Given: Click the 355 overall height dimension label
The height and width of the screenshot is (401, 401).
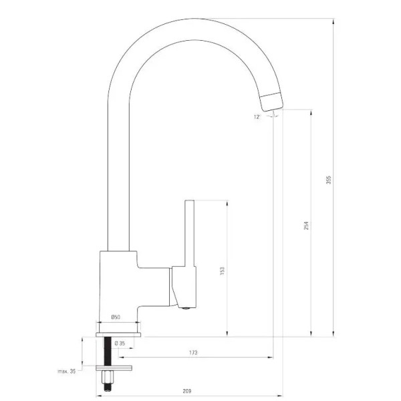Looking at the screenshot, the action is (x=329, y=180).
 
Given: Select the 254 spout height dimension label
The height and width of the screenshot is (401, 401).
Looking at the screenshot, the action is (x=306, y=225).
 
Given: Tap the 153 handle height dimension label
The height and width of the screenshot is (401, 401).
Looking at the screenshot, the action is (x=223, y=271).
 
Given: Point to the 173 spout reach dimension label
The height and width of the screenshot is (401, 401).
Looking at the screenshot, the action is (x=193, y=353).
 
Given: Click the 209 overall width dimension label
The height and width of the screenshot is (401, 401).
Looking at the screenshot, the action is (x=187, y=391).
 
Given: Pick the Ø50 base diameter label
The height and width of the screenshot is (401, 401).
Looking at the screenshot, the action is (x=116, y=317).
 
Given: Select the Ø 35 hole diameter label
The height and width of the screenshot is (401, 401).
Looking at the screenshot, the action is (x=120, y=344).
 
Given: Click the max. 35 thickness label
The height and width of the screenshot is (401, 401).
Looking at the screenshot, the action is (x=67, y=371).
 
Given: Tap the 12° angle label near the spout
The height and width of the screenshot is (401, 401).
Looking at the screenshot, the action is (x=257, y=117).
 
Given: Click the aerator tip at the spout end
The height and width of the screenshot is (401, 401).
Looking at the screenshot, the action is (x=271, y=102).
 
